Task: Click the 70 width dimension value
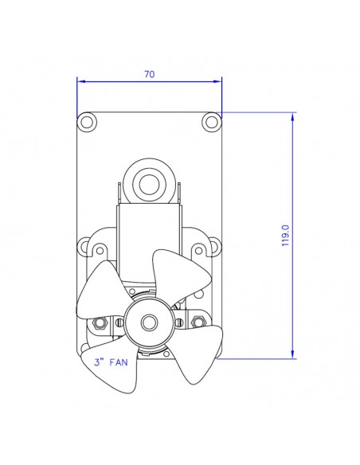149,74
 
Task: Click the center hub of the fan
149,322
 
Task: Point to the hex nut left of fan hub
101,322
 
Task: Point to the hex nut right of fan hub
197,322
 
